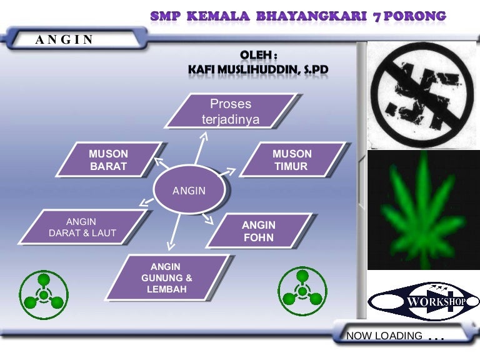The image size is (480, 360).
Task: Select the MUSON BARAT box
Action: (109, 159)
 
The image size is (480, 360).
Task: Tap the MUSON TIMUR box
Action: (292, 159)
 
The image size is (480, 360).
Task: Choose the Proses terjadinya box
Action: (231, 111)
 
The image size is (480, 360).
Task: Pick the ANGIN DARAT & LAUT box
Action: (82, 227)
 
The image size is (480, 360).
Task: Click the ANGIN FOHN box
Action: (259, 231)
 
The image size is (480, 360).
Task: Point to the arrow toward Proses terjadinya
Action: (201, 148)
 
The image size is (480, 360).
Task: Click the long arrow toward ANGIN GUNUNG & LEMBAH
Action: (174, 232)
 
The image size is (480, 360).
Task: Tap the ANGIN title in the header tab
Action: (64, 39)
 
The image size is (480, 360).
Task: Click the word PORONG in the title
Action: (415, 16)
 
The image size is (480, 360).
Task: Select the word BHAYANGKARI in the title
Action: (311, 16)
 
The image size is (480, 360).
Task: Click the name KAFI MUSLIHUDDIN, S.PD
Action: (258, 70)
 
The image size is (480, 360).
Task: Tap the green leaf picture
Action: (423, 210)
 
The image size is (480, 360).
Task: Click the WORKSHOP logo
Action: (423, 301)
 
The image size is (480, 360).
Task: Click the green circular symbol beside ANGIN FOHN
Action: (302, 291)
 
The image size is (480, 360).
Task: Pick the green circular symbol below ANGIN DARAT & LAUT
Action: (44, 295)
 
